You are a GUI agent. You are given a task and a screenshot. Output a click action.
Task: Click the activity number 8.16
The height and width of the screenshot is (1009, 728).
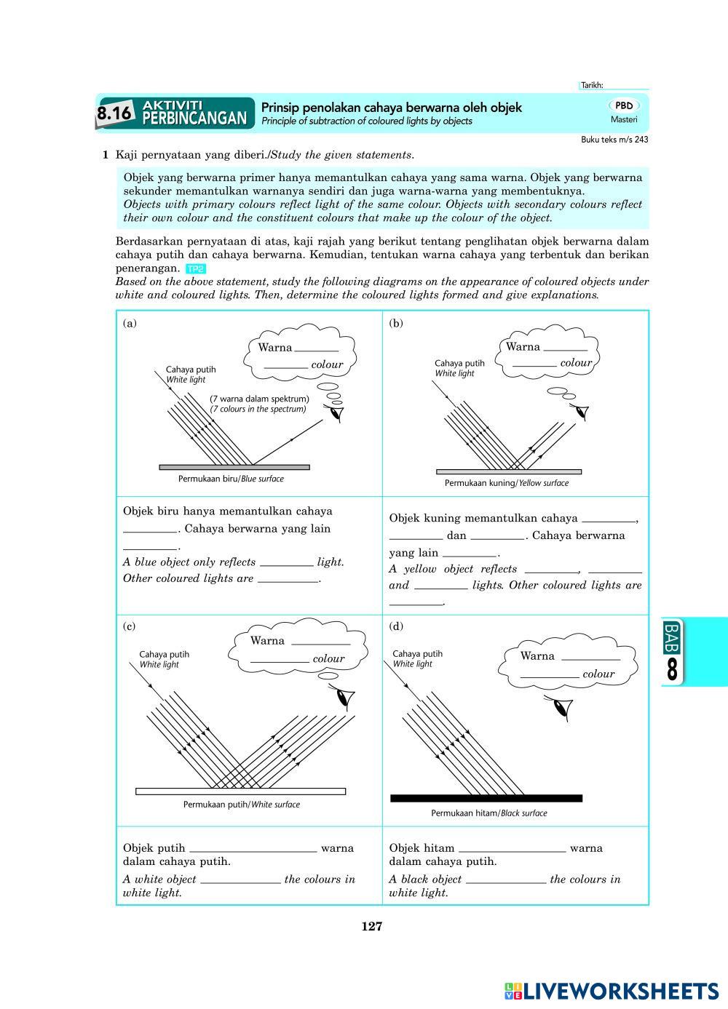click(x=115, y=113)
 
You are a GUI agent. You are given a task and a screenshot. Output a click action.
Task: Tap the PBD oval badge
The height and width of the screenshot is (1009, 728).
click(x=624, y=105)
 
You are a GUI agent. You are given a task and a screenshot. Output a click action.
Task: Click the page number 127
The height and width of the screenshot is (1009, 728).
click(x=371, y=926)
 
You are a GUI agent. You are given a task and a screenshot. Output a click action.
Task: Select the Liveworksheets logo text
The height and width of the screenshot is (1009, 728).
click(x=612, y=991)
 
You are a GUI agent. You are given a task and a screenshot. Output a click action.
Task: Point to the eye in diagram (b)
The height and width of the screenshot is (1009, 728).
click(x=580, y=411)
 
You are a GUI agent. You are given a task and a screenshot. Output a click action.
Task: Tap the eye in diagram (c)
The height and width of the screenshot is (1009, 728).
click(x=344, y=698)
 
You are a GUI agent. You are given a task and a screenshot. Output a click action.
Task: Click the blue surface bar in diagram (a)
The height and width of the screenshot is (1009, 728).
click(x=234, y=467)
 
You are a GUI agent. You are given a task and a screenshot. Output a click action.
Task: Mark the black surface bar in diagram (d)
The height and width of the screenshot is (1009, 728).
click(x=486, y=798)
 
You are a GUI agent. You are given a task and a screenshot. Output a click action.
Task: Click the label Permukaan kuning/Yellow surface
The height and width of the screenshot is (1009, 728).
click(x=507, y=483)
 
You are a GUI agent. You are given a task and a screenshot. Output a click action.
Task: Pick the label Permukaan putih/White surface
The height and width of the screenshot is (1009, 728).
click(x=241, y=805)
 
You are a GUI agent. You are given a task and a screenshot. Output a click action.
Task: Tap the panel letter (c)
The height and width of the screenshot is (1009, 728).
click(x=130, y=626)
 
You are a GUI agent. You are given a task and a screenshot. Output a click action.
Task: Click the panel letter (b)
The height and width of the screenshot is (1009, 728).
click(x=396, y=323)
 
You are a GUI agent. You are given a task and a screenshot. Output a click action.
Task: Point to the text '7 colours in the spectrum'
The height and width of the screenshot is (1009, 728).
click(x=258, y=410)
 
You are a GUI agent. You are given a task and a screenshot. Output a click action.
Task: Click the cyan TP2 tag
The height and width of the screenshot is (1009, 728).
click(x=196, y=268)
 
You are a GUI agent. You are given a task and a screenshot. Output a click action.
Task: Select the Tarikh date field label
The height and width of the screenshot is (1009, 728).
click(x=592, y=85)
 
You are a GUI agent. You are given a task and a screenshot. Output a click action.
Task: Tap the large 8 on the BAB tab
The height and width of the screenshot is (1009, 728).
click(x=672, y=669)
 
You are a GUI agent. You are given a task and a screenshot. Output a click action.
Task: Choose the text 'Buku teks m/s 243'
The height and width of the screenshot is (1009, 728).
click(x=614, y=140)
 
